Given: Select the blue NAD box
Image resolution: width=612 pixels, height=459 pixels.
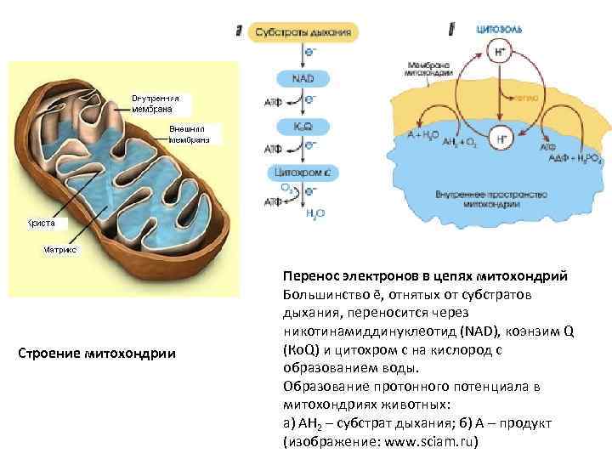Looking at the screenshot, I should click(303, 78).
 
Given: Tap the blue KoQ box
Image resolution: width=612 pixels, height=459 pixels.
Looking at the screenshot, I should click(303, 126).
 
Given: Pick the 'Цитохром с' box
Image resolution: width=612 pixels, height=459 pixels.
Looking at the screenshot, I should click(303, 173).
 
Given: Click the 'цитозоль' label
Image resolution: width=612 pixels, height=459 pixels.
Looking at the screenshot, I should click(500, 29).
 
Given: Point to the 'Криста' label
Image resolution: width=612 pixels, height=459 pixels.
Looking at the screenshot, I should click(40, 223).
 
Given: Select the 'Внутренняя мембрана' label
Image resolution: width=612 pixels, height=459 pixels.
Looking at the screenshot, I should click(154, 104).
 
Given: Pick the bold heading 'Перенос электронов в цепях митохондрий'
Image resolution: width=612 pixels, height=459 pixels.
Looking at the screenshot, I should click(426, 277).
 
